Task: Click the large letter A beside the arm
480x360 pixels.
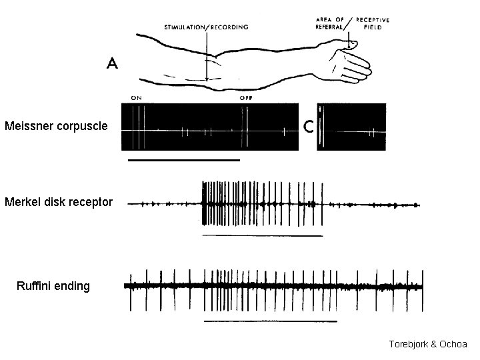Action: pos(113,63)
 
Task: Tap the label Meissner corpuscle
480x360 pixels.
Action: pos(55,125)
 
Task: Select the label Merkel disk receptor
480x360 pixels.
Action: pos(59,201)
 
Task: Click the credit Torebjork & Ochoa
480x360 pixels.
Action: pos(428,344)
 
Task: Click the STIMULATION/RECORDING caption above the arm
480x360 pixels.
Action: pos(206,27)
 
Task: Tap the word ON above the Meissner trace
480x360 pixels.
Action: pos(136,98)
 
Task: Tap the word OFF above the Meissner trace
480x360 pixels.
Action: pos(247,98)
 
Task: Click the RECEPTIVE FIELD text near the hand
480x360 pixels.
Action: pos(373,23)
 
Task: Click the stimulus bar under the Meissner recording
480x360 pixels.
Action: pos(183,160)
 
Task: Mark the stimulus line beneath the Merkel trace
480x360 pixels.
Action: pos(261,236)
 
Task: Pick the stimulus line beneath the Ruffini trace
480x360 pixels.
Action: pos(270,321)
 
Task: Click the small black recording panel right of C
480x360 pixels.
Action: pos(351,127)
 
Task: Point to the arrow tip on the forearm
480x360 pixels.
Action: pos(207,79)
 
